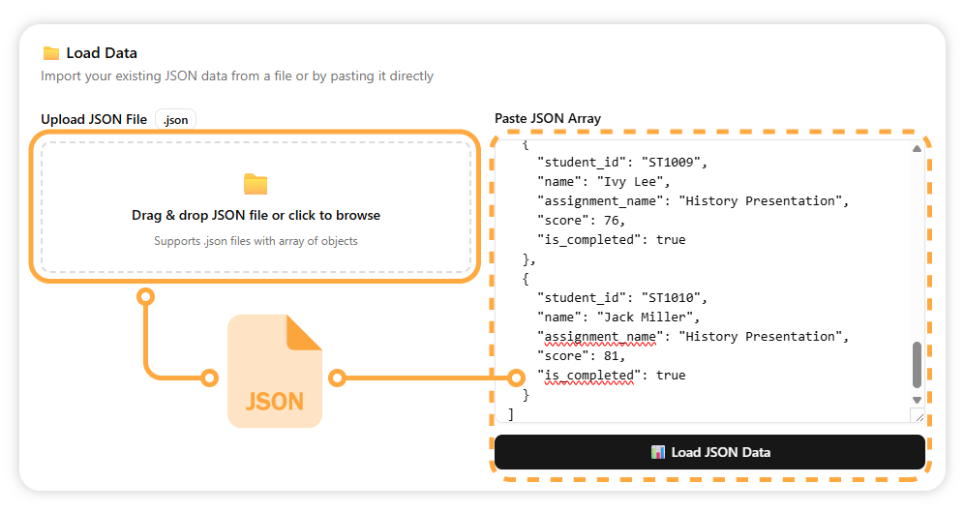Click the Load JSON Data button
pyautogui.click(x=709, y=452)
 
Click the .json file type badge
pyautogui.click(x=175, y=119)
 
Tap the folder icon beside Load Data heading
pyautogui.click(x=51, y=53)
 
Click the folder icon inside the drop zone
pyautogui.click(x=256, y=184)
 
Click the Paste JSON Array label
pyautogui.click(x=547, y=118)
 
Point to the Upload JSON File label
pyautogui.click(x=94, y=119)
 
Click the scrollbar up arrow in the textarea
pyautogui.click(x=917, y=148)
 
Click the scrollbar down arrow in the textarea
pyautogui.click(x=917, y=399)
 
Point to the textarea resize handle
pyautogui.click(x=917, y=415)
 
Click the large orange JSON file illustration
pyautogui.click(x=275, y=371)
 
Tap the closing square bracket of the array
pyautogui.click(x=511, y=413)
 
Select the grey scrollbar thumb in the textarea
pyautogui.click(x=917, y=365)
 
